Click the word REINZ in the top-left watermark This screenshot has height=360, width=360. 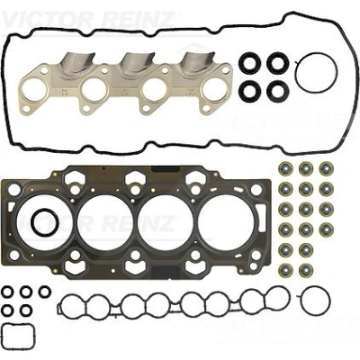(138, 18)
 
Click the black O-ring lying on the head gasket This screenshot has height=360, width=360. (32, 221)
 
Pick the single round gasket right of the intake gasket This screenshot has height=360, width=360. (301, 300)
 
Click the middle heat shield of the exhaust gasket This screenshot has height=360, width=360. (137, 64)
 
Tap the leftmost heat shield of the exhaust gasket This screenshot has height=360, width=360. (77, 64)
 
